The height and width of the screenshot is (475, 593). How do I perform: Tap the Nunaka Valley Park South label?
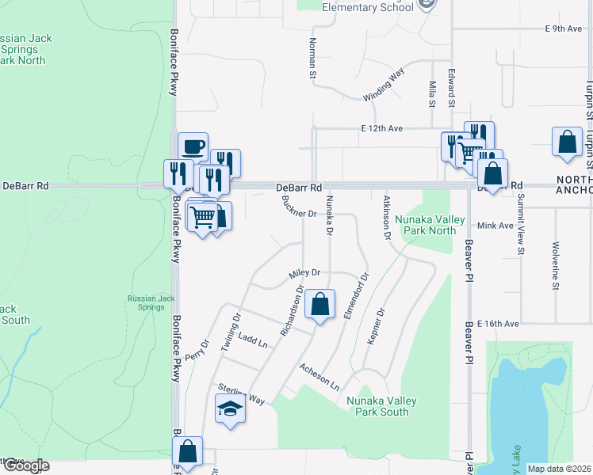pyautogui.click(x=377, y=406)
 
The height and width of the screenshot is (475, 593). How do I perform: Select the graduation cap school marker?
pyautogui.click(x=230, y=409)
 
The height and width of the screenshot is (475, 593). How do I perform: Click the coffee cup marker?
pyautogui.click(x=193, y=147)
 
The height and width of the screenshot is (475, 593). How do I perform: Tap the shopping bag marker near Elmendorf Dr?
pyautogui.click(x=319, y=305)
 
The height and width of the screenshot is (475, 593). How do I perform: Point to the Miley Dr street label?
pyautogui.click(x=304, y=272)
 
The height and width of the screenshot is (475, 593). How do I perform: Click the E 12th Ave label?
pyautogui.click(x=382, y=128)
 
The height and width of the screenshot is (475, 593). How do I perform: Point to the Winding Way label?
pyautogui.click(x=384, y=85)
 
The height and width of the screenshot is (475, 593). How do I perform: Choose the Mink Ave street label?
pyautogui.click(x=496, y=226)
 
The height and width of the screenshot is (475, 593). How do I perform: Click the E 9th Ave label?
pyautogui.click(x=564, y=28)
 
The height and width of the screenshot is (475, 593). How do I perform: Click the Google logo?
pyautogui.click(x=25, y=465)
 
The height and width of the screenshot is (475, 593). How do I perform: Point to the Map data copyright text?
pyautogui.click(x=559, y=469)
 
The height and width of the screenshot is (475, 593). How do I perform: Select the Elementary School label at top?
pyautogui.click(x=367, y=8)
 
